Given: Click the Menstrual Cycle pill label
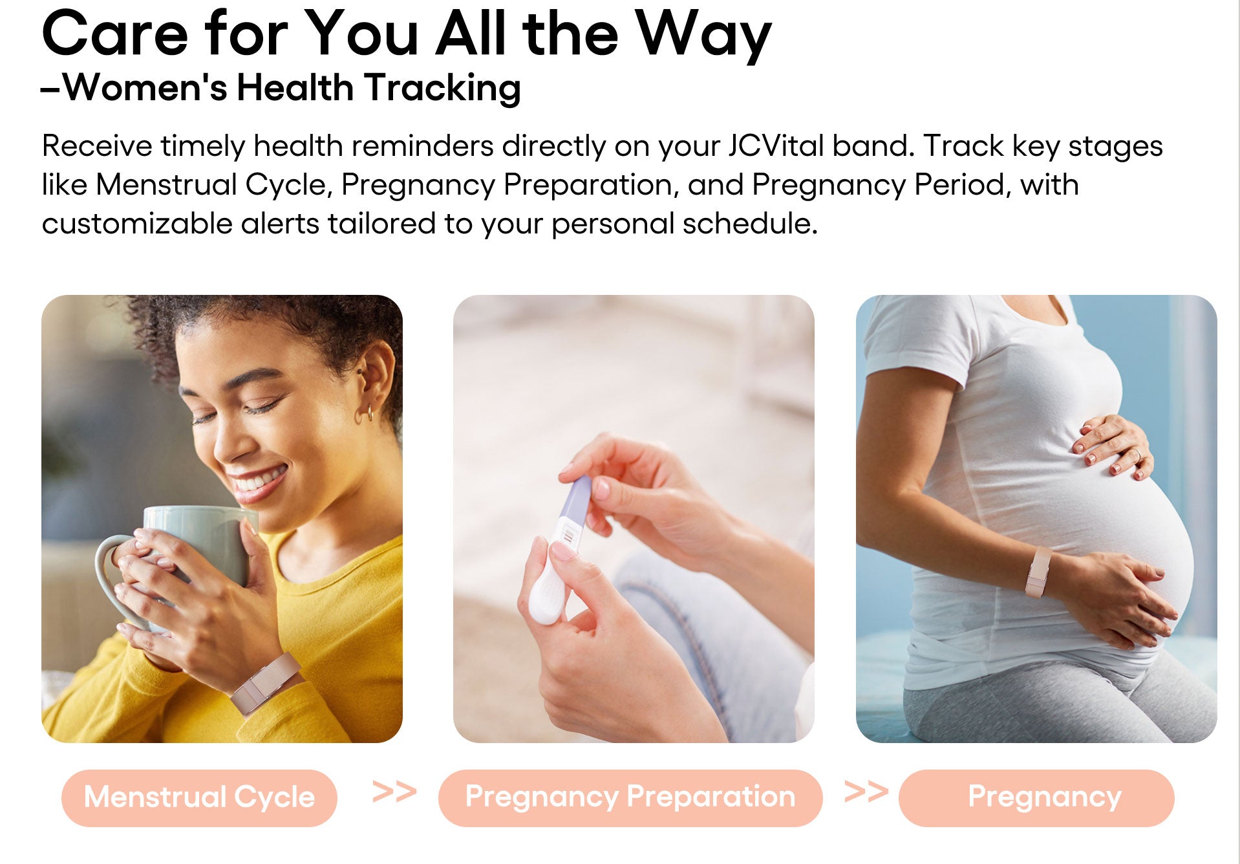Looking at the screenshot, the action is coord(199,797).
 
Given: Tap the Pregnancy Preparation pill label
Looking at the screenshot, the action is coord(630,797).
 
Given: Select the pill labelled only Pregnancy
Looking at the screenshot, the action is coord(1036,797).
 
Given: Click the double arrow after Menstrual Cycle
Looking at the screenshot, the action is coord(394,792).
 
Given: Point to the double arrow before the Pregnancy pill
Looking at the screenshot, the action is coord(866,792).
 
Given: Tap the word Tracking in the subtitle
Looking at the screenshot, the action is coord(442,88).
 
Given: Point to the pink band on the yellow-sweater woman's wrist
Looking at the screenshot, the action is coord(265,682).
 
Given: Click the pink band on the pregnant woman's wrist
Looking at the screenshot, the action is coord(1038,572).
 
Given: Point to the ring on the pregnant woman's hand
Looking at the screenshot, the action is coord(1135,455).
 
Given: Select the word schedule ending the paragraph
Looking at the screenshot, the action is coord(750,224).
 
